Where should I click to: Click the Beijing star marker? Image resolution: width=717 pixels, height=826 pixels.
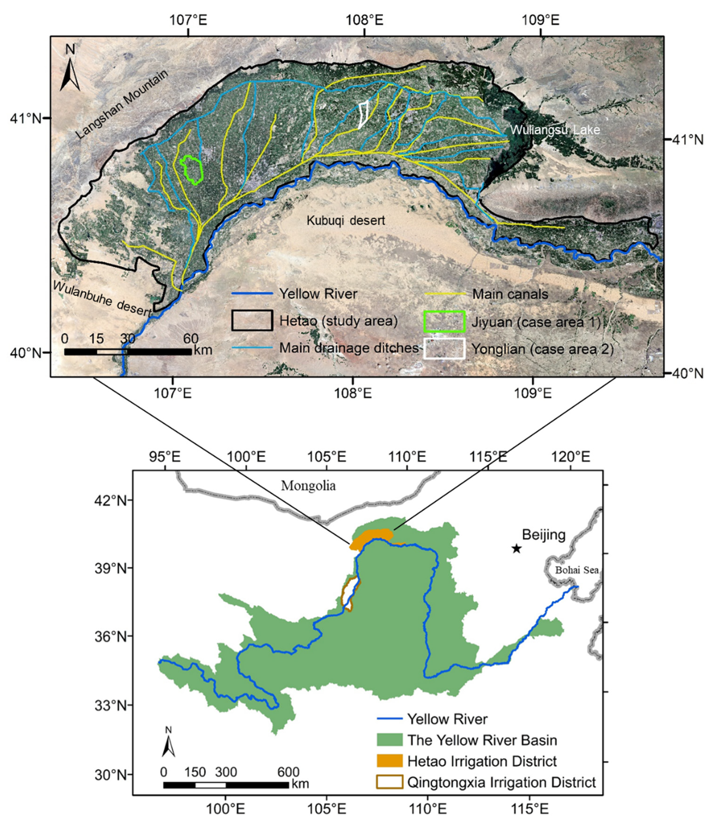point(516,548)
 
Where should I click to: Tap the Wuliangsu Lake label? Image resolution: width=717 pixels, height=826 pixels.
point(555,130)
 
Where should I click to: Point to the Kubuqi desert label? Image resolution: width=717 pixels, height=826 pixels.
point(346,220)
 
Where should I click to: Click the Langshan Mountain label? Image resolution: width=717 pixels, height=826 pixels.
point(122,104)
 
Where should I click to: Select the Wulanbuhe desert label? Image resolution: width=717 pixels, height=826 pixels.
point(102,298)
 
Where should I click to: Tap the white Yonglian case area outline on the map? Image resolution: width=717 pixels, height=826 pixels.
point(362,115)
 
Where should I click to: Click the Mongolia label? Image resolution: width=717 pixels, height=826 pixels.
point(308,486)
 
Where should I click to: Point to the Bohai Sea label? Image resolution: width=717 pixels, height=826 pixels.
point(576,570)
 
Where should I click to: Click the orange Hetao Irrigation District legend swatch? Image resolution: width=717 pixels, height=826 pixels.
point(389,760)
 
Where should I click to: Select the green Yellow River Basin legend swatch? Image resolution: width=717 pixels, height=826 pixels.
point(389,739)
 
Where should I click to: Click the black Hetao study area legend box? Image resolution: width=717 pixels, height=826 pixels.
point(252,321)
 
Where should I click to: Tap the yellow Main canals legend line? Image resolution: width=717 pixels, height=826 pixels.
point(446,294)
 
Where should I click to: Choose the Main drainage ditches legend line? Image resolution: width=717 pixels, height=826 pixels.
point(252,348)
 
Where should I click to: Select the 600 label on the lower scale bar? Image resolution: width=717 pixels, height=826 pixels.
point(288,772)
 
